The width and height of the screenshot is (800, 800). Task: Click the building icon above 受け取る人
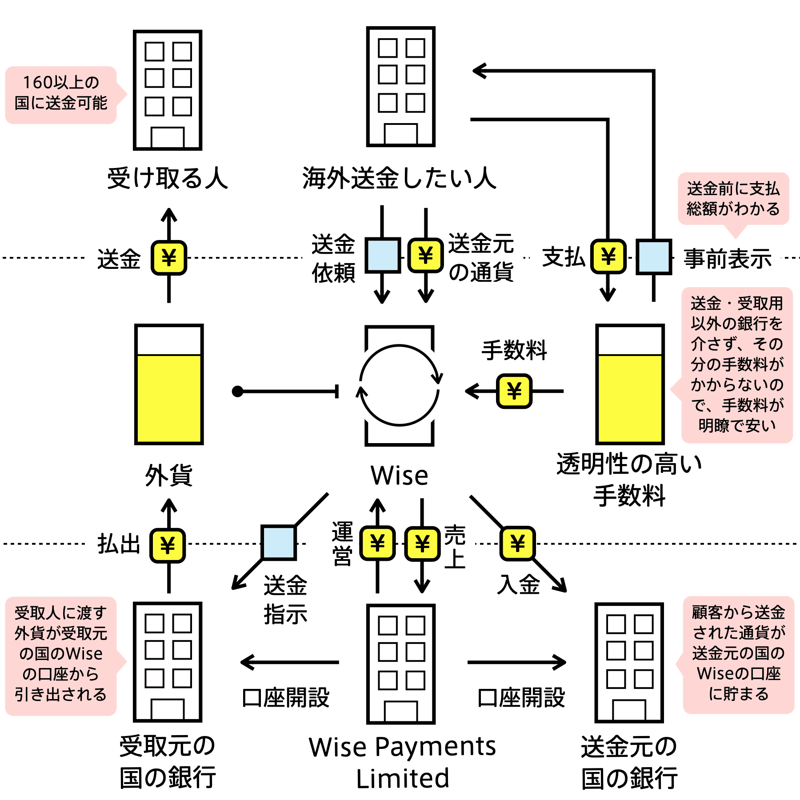click(168, 90)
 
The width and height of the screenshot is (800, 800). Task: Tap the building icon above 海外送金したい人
click(400, 87)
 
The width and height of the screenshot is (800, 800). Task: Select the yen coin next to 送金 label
click(169, 257)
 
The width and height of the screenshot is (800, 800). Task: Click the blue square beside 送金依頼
click(383, 255)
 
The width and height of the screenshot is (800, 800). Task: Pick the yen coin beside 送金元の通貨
click(426, 255)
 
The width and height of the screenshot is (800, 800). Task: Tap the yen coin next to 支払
click(608, 256)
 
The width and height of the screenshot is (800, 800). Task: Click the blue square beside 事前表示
click(653, 257)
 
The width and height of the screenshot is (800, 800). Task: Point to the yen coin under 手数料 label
click(514, 391)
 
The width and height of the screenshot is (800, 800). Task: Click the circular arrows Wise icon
click(400, 386)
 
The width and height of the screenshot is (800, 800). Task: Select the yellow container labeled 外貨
click(169, 384)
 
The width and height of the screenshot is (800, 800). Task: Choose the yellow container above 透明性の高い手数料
click(630, 384)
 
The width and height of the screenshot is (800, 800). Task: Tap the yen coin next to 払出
click(168, 545)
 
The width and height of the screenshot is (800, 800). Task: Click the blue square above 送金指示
click(279, 542)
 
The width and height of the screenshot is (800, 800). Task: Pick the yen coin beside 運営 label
click(377, 543)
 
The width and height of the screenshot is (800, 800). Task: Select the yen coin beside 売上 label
click(422, 543)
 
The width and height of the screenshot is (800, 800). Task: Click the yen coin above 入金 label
click(517, 543)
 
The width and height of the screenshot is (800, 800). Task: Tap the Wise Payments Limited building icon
click(400, 664)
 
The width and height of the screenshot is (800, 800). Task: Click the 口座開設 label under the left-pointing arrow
click(286, 698)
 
